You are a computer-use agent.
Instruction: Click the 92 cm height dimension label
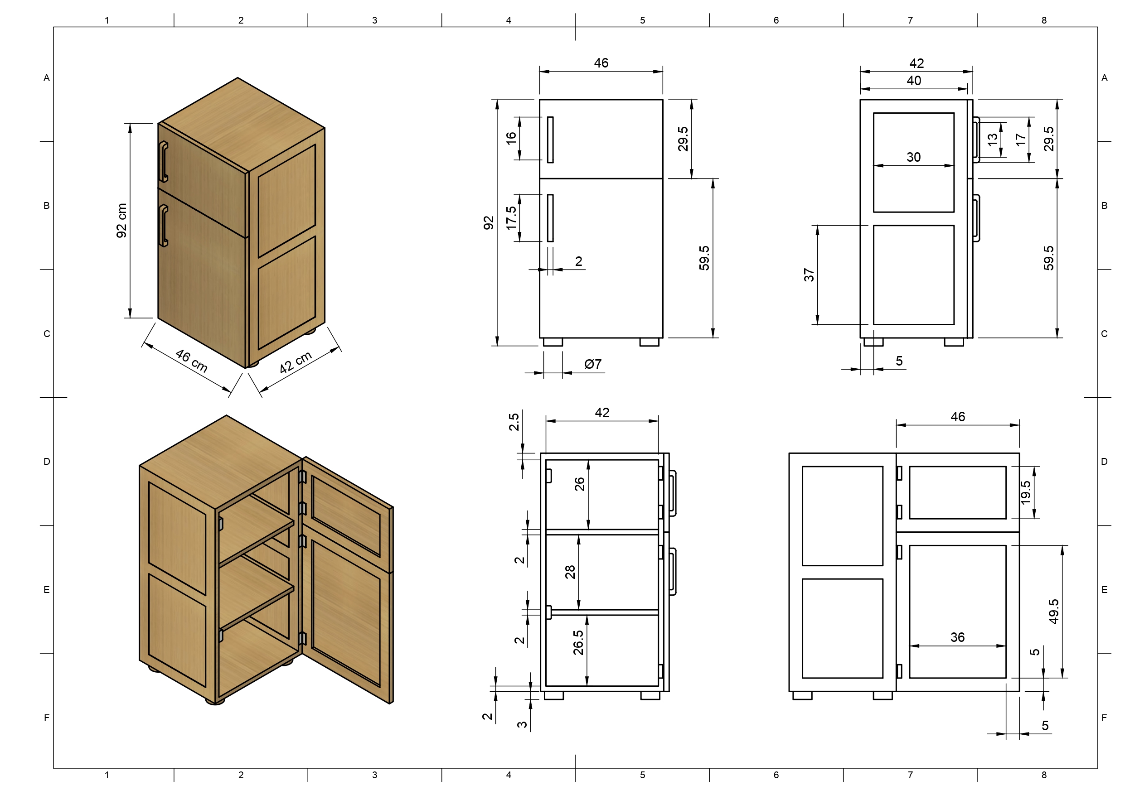(121, 221)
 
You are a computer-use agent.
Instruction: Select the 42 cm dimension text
(296, 362)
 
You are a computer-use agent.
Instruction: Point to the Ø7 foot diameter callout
(593, 364)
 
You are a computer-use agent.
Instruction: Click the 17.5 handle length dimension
(511, 218)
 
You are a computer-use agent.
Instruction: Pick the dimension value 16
(511, 138)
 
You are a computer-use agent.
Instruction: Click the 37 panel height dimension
(809, 275)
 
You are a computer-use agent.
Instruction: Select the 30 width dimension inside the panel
(913, 157)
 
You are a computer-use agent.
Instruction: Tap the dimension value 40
(914, 80)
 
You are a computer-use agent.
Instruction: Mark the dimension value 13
(992, 139)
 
